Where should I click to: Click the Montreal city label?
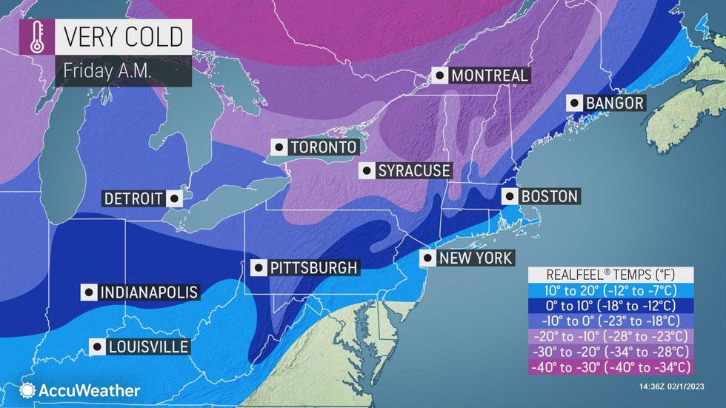(490, 76)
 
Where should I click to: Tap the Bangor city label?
(614, 103)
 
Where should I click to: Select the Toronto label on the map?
(324, 147)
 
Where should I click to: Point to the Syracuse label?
(413, 171)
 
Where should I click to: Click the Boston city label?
(548, 196)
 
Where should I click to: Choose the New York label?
(474, 258)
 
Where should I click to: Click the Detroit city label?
(133, 198)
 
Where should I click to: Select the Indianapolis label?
(149, 292)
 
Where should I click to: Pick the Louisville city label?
(147, 346)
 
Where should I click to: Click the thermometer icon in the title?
(36, 39)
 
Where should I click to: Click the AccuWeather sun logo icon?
(28, 390)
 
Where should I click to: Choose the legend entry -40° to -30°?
(610, 366)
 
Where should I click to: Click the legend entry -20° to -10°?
(610, 335)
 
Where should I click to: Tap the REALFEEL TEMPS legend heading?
(610, 272)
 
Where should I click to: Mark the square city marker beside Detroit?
(173, 198)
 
